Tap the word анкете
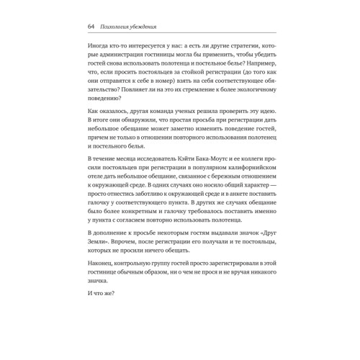pos(235,210)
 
